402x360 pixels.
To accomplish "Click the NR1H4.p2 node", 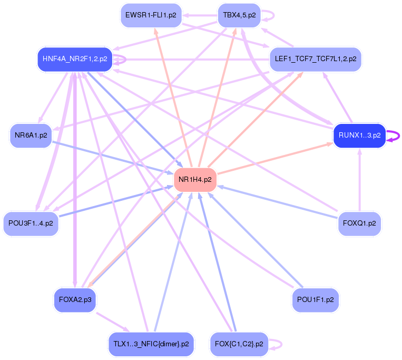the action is point(195,180).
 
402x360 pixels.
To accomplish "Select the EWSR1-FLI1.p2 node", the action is point(151,15).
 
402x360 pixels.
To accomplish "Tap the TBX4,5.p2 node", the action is point(239,15).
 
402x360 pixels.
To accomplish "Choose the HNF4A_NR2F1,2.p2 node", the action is point(75,59).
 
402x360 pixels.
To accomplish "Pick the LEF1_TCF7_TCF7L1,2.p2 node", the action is point(316,59).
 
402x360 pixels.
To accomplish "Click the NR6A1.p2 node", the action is point(31,135).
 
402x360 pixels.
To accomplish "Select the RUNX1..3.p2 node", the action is point(359,135).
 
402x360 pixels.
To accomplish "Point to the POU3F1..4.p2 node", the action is point(31,223).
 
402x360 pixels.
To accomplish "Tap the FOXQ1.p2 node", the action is point(359,223).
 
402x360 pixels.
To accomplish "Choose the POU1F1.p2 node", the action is point(316,300).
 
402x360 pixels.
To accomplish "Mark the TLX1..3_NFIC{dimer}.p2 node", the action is point(151,344).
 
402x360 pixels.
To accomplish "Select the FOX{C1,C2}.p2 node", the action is point(239,344).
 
